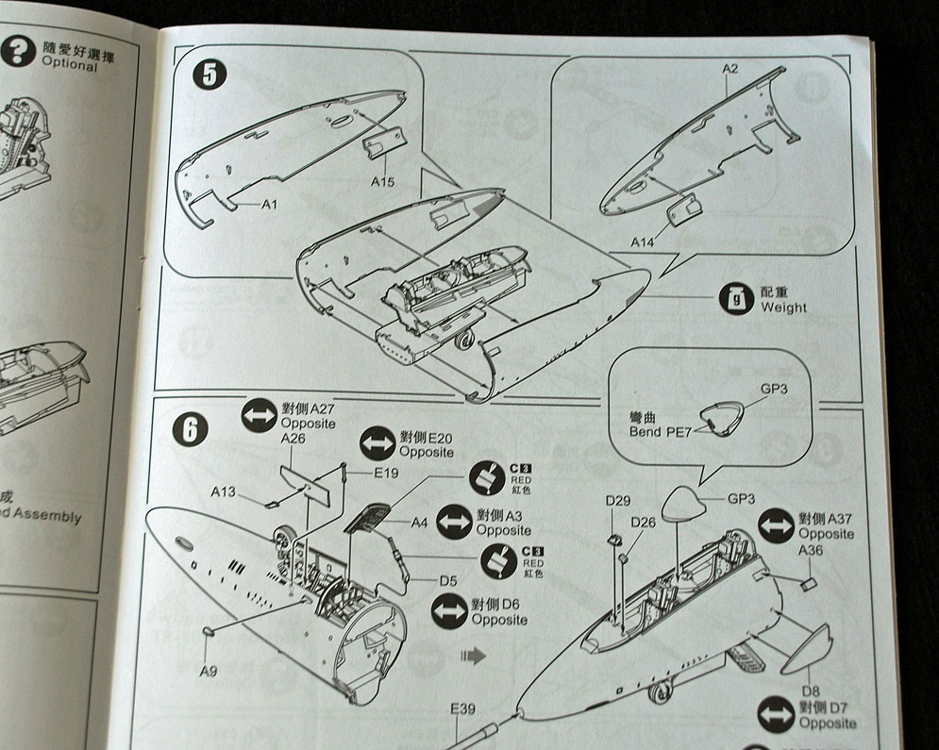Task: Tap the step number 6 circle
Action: (190, 429)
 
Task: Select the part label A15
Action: (382, 180)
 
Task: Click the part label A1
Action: (270, 204)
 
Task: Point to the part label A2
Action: (729, 69)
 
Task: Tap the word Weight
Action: (783, 308)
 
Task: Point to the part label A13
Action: (224, 492)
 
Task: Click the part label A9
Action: (210, 671)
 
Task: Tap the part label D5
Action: (448, 581)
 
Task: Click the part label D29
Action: (618, 499)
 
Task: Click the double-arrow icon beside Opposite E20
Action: (378, 442)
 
